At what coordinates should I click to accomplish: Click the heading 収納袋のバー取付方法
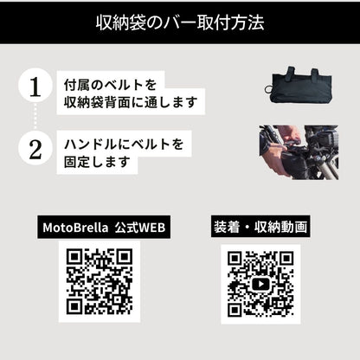(179, 22)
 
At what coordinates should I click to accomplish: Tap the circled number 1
(35, 87)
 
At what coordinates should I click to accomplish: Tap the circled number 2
(35, 149)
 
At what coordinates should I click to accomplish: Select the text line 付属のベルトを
(110, 87)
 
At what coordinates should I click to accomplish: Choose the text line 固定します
(100, 162)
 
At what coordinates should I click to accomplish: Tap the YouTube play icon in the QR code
(260, 285)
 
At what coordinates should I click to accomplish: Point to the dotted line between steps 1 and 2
(35, 119)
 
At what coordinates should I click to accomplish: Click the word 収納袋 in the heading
(117, 22)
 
